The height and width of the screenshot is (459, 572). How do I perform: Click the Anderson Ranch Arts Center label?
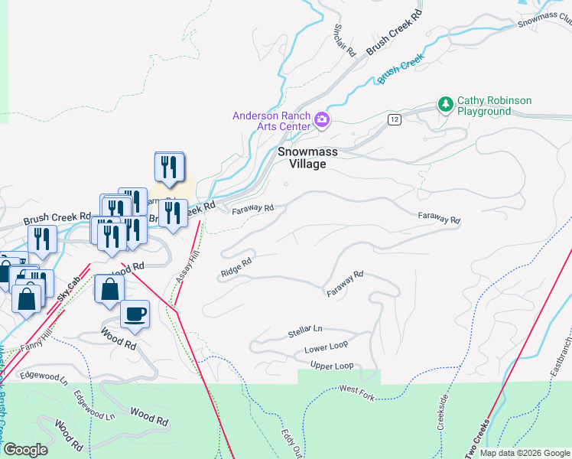click(x=271, y=121)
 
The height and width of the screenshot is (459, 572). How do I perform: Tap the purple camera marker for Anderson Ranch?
click(x=322, y=119)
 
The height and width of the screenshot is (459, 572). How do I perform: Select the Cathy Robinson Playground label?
click(x=494, y=106)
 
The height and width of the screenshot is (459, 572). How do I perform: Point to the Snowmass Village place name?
click(x=307, y=158)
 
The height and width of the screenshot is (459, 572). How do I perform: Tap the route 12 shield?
click(x=394, y=119)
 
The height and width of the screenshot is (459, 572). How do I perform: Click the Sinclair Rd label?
click(x=344, y=37)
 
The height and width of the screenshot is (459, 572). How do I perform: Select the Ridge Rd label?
click(x=236, y=267)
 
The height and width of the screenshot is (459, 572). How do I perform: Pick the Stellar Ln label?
click(x=305, y=331)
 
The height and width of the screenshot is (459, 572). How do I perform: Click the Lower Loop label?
click(x=326, y=348)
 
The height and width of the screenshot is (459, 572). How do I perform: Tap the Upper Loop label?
click(x=332, y=366)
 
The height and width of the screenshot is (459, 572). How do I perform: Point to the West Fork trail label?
click(x=357, y=390)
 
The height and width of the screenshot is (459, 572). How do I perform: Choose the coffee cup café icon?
click(x=135, y=313)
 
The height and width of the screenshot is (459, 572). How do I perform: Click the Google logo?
click(x=24, y=450)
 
